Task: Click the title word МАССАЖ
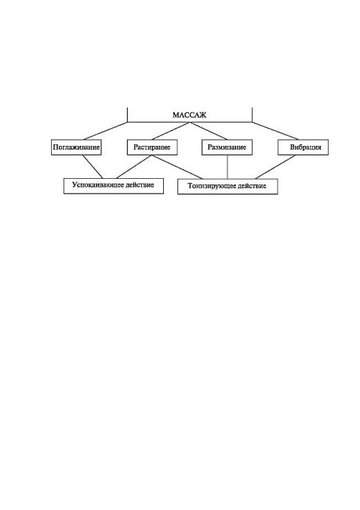coord(189,115)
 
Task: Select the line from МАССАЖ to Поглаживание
coord(105,131)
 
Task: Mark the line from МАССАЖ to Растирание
coord(171,131)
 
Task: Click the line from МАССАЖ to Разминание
coord(209,131)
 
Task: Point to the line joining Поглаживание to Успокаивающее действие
coord(93,166)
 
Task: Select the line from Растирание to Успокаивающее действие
coord(134,166)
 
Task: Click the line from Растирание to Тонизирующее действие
coord(177,167)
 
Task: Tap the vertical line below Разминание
coord(227,167)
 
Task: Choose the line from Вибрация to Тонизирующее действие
coord(276,167)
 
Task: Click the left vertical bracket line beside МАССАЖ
coord(128,115)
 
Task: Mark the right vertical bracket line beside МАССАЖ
coord(252,115)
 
